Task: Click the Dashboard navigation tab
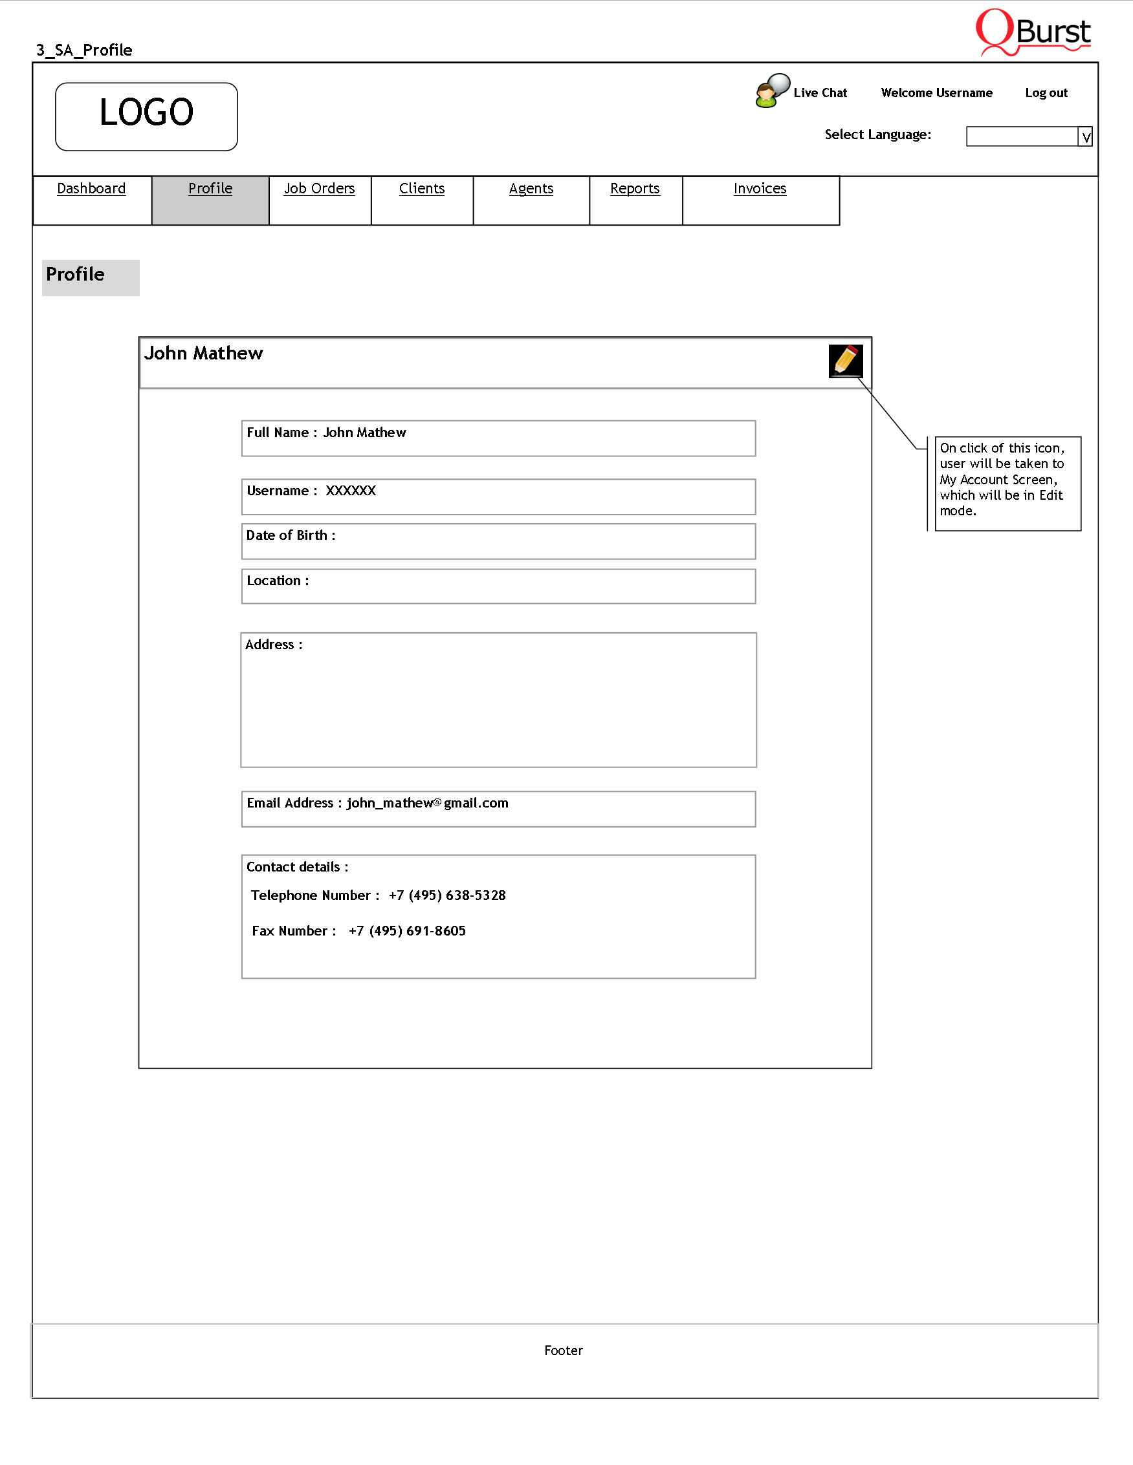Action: coord(91,189)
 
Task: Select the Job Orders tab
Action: coord(319,189)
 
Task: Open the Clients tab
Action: coord(421,189)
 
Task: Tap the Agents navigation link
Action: coord(531,189)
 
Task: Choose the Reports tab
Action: coord(634,189)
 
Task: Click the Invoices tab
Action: coord(760,189)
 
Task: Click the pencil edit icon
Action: coord(846,361)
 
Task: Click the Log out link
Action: coord(1046,93)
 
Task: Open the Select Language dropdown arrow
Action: coord(1085,137)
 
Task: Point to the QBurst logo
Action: coord(1033,32)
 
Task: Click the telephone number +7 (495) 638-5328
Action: coord(447,895)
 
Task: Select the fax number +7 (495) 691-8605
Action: coord(407,931)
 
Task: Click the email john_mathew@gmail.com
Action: coord(428,803)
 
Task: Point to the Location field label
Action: coord(277,581)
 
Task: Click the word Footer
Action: coord(563,1351)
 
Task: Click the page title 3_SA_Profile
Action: coord(85,50)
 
